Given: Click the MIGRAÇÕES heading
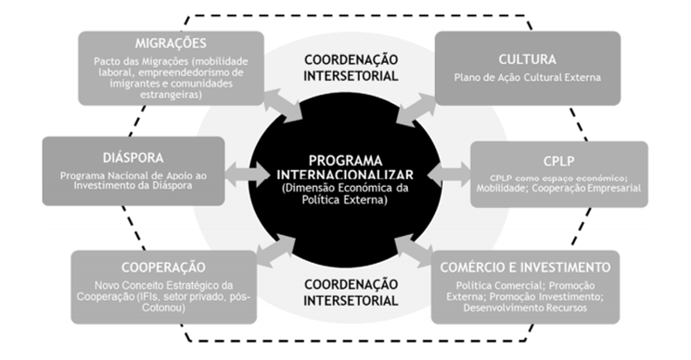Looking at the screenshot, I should coord(170,45).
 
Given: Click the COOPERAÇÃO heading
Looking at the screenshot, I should coord(163,267).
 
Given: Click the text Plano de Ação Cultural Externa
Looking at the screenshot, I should coord(528,77).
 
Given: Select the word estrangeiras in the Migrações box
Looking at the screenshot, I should coord(170,93).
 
